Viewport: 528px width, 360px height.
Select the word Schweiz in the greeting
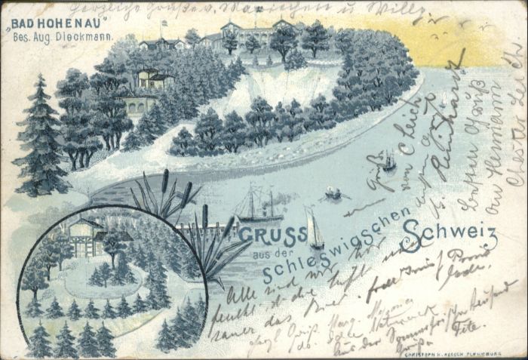450,237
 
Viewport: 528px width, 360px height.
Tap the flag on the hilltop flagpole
164,23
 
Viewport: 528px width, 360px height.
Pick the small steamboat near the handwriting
388,161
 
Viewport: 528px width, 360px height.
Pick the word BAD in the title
23,23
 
